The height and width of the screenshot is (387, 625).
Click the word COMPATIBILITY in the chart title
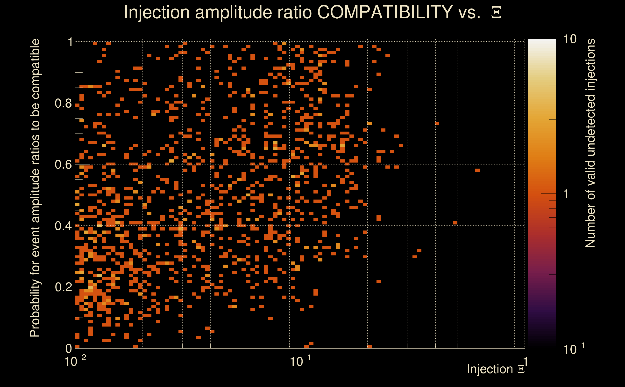click(385, 12)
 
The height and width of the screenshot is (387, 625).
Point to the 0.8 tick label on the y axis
click(63, 104)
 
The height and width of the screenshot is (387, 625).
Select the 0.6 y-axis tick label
click(63, 164)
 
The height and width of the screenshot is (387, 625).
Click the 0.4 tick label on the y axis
click(63, 226)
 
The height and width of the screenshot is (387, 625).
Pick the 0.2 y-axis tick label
click(63, 287)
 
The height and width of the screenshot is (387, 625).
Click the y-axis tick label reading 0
click(69, 348)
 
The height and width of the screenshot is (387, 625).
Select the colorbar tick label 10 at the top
click(570, 39)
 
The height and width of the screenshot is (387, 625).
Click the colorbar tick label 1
click(566, 194)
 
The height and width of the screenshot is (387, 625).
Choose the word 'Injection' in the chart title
click(156, 12)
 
